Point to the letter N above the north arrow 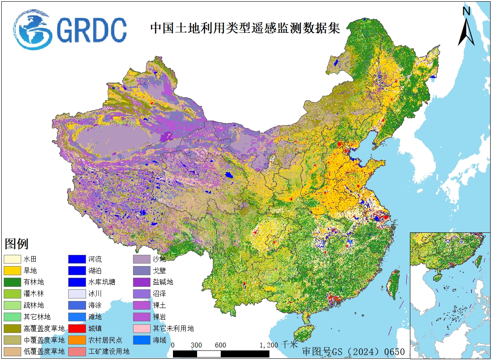click(466, 12)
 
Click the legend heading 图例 click(17, 244)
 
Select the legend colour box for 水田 click(12, 259)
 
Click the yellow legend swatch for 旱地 click(12, 271)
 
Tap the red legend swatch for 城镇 click(76, 328)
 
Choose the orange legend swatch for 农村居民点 click(76, 340)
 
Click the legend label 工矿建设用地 click(109, 352)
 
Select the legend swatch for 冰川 click(76, 294)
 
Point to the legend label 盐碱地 click(163, 282)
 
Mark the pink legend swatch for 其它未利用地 click(141, 328)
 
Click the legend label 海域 click(159, 340)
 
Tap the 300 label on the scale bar click(197, 345)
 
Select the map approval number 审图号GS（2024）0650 click(353, 352)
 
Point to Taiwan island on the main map click(392, 284)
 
